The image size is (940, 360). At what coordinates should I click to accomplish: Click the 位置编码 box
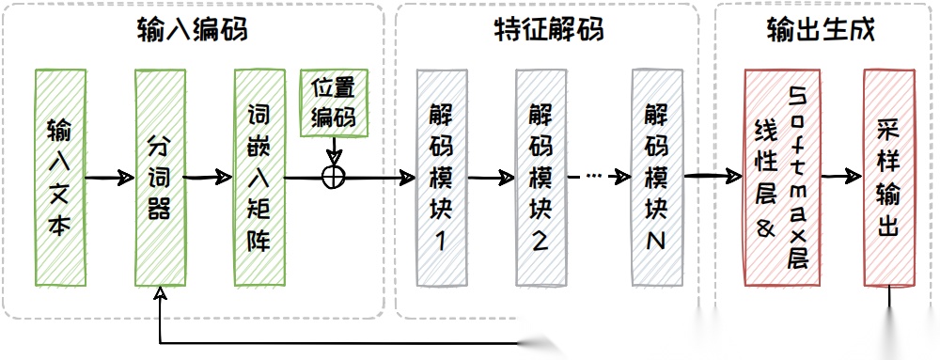(x=335, y=102)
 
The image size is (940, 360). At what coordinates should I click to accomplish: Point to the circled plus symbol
(x=334, y=176)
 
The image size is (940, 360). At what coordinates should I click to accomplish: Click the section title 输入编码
(x=192, y=30)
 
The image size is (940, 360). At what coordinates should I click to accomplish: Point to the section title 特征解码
(x=548, y=30)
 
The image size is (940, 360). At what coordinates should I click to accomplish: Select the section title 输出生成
(x=821, y=30)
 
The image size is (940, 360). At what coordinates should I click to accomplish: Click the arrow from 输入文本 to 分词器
(x=111, y=177)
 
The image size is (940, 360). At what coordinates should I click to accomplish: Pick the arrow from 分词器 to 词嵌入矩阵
(x=209, y=177)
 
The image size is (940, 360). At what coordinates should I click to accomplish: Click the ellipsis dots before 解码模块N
(x=593, y=176)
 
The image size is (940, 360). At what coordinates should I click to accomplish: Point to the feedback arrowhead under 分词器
(x=161, y=295)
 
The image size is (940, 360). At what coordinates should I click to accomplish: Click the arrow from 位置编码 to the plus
(x=334, y=150)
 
